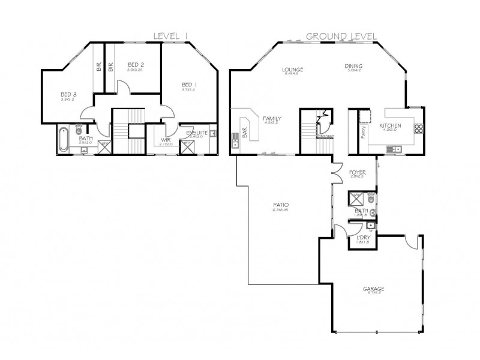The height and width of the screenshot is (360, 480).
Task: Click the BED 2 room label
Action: pos(136,64)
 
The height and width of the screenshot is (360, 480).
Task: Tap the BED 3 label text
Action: pos(68,94)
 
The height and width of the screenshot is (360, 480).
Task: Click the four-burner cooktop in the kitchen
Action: pos(417,127)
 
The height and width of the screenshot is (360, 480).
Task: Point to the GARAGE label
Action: pos(373,288)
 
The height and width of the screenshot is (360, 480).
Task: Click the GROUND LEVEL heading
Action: pos(341,36)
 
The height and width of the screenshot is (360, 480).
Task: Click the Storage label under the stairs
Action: pos(326,136)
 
